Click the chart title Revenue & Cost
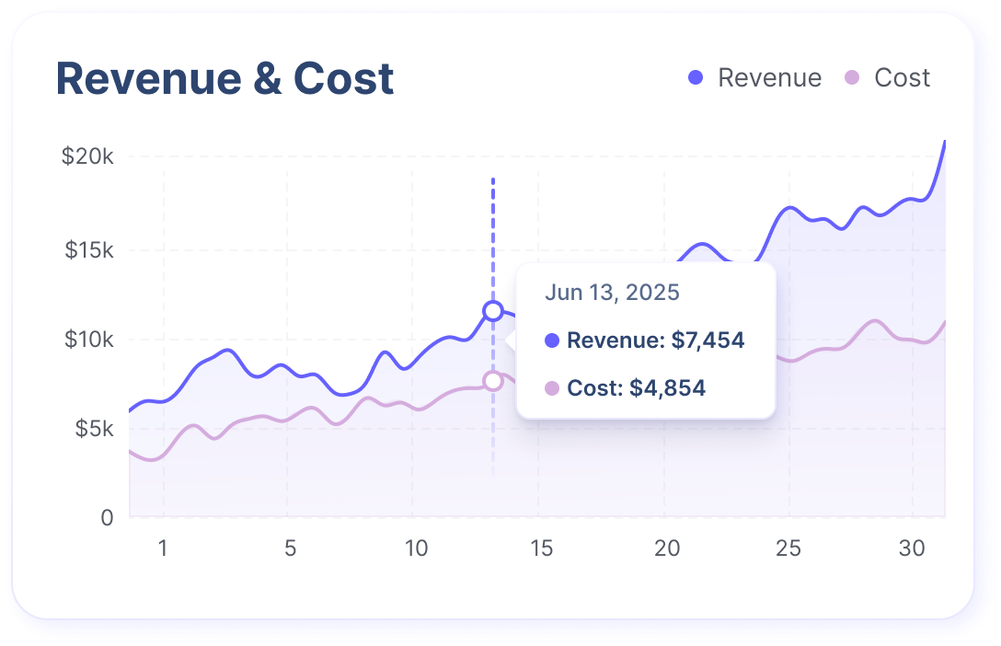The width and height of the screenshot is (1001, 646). (225, 79)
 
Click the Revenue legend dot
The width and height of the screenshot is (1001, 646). (696, 78)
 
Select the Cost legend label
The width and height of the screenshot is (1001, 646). (902, 78)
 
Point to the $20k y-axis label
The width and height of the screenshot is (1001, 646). (87, 156)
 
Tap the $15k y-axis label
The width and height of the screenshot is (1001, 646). (89, 250)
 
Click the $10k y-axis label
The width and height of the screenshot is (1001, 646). (89, 340)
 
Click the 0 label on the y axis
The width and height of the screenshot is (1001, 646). (107, 518)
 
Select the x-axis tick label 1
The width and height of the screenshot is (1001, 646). (163, 549)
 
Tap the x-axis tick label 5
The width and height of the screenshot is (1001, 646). (290, 549)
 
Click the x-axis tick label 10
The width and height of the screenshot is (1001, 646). (416, 549)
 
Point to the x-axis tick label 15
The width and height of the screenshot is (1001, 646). (541, 549)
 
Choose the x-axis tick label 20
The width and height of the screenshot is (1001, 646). (667, 549)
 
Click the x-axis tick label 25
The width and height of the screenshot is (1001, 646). (788, 549)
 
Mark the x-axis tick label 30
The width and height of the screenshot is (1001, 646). (912, 549)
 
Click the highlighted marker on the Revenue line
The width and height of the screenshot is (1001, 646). (493, 311)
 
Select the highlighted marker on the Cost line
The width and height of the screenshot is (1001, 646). (493, 381)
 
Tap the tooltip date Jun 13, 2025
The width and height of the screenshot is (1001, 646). (612, 294)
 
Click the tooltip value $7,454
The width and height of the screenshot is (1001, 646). (708, 340)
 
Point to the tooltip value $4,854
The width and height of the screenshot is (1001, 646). (667, 388)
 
